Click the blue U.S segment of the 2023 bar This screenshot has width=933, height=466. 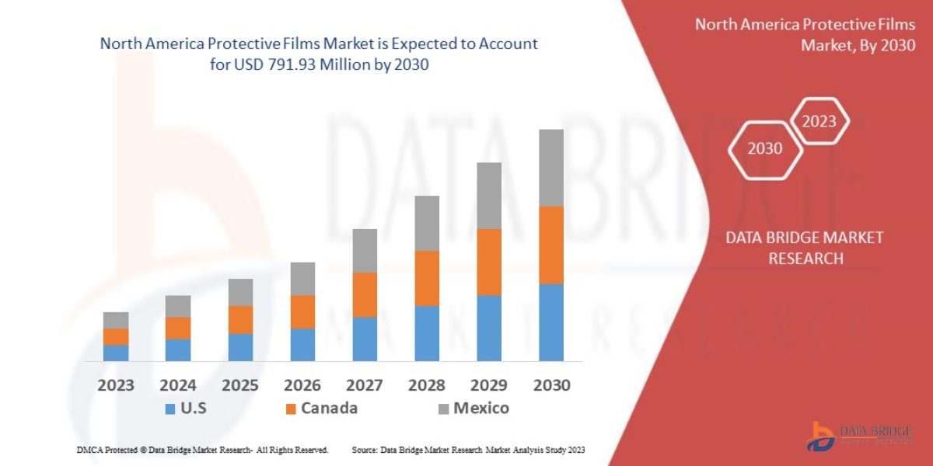point(116,353)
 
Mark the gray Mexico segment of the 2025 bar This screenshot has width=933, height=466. point(240,292)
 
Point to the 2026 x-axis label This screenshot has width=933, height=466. point(302,385)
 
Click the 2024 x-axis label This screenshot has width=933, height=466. point(178,385)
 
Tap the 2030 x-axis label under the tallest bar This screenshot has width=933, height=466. point(551,385)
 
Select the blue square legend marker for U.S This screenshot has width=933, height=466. point(170,409)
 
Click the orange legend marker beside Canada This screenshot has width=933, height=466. point(291,409)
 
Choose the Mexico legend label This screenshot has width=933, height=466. point(481,408)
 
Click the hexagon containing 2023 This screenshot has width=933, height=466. point(819,121)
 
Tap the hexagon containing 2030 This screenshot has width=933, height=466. point(765,148)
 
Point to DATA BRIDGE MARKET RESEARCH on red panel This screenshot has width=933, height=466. point(805,248)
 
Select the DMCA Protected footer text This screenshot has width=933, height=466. point(202,450)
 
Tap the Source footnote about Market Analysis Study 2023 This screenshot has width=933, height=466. point(468,450)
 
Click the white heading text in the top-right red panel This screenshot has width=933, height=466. point(805,35)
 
